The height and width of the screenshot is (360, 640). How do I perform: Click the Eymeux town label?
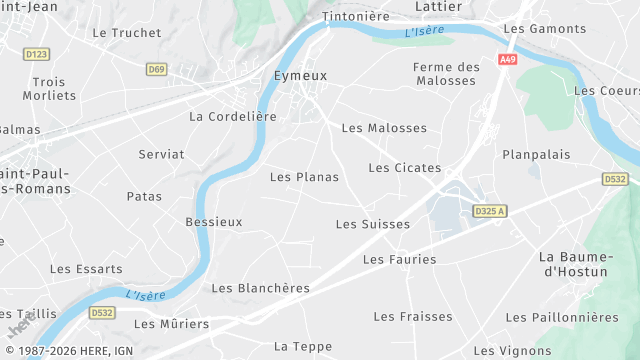click(x=301, y=75)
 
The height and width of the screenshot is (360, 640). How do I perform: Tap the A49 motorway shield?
click(x=509, y=60)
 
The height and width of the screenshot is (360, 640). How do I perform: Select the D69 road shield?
click(x=156, y=69)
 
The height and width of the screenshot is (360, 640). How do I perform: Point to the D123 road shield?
click(x=36, y=54)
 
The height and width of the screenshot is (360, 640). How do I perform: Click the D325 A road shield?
click(x=490, y=211)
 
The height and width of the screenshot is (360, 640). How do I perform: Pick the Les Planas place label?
click(x=304, y=177)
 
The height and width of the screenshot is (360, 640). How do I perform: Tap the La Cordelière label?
click(x=232, y=117)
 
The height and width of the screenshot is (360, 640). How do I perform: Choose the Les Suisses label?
click(x=373, y=224)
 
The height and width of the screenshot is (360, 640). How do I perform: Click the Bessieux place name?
click(x=214, y=221)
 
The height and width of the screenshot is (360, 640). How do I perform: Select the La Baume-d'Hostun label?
click(x=575, y=264)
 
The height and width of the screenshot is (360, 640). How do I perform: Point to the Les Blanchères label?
click(x=260, y=288)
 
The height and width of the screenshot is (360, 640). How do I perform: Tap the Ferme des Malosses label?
click(x=446, y=73)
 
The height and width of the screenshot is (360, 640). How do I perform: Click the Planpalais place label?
click(x=536, y=155)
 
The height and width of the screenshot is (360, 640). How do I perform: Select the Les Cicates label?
click(x=405, y=167)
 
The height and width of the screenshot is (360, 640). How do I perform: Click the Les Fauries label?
click(x=400, y=259)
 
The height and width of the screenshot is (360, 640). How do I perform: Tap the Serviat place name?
click(x=161, y=154)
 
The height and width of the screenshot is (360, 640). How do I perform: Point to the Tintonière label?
click(x=354, y=17)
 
